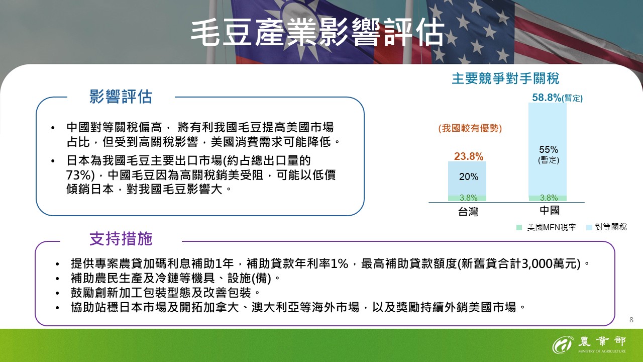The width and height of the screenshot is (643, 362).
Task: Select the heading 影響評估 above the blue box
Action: pos(121,97)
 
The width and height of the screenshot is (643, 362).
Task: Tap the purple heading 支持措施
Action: pos(121,239)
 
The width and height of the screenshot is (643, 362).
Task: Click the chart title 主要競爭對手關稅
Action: pos(505,79)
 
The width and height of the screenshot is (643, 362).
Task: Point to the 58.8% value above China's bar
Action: pos(547,98)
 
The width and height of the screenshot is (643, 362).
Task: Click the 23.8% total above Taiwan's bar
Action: pos(469,156)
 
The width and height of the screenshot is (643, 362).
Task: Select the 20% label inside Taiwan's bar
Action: pos(469,177)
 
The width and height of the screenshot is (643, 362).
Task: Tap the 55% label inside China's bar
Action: pos(549,149)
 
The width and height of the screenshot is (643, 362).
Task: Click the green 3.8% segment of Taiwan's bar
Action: pos(468,198)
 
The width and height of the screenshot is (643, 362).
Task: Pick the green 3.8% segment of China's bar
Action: pos(548,198)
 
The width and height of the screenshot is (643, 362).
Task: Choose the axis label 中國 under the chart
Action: pos(550,210)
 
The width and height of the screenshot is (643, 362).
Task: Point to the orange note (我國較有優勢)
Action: pos(470,128)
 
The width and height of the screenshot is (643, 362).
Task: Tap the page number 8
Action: pos(631,320)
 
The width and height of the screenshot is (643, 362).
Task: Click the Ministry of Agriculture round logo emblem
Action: pos(562,344)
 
